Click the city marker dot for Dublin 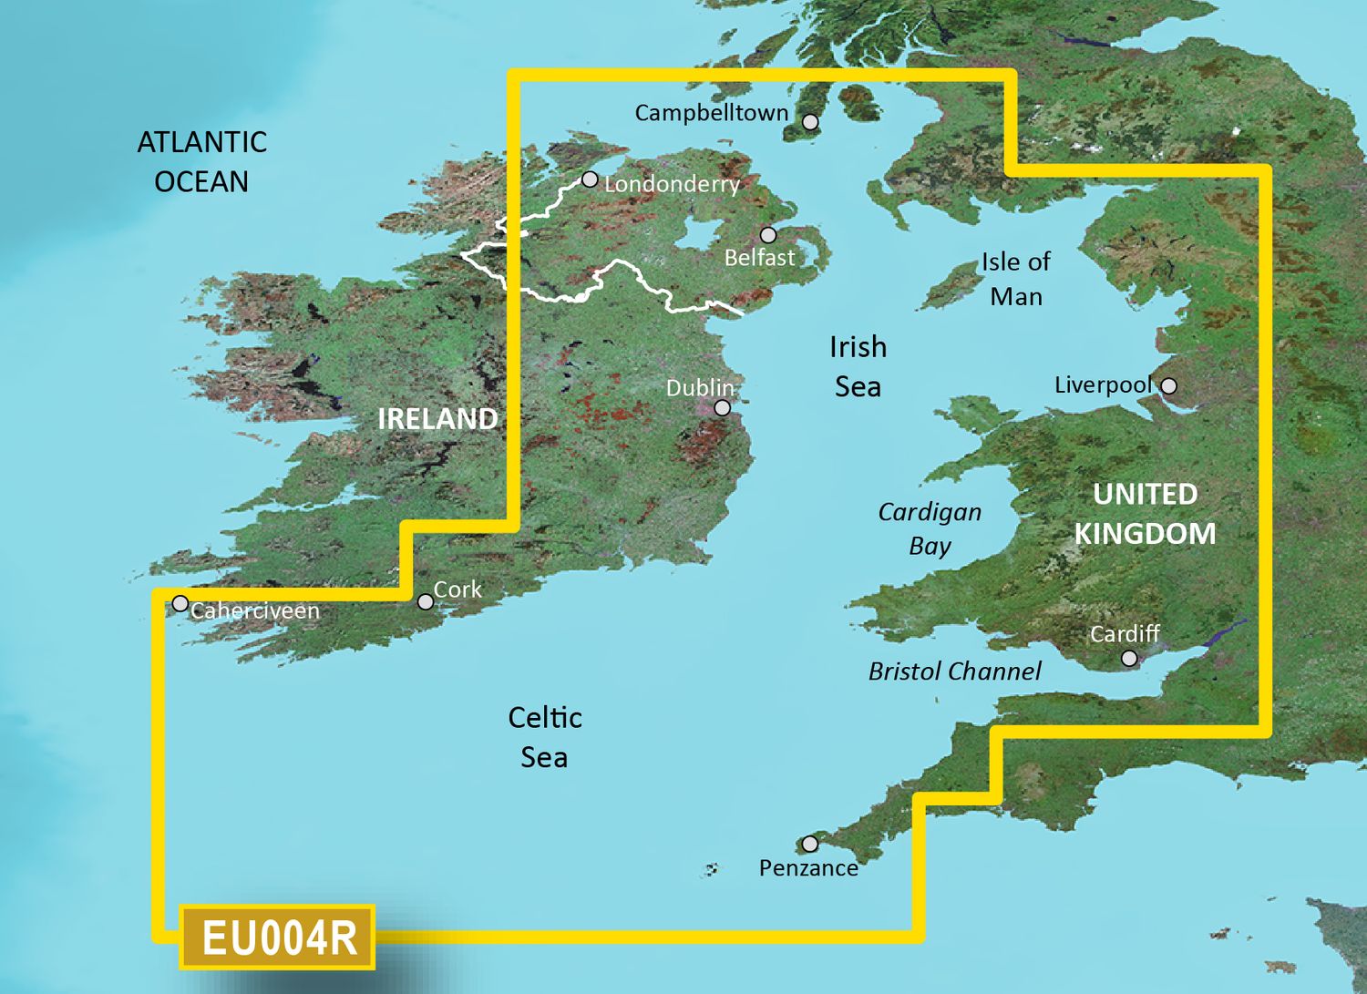[722, 407]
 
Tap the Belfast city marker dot [768, 235]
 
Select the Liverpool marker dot [1168, 386]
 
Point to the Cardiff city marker [1129, 658]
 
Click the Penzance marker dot [809, 844]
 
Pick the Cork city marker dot [426, 601]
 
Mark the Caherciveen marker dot [180, 603]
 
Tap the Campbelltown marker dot [810, 121]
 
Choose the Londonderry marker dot [590, 179]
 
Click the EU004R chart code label [278, 938]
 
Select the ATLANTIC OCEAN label [201, 162]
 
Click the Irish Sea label [858, 366]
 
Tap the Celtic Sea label [544, 737]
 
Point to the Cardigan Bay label [930, 528]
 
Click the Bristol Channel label [954, 671]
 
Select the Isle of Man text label [1015, 279]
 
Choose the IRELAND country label [437, 419]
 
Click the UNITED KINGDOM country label [1145, 514]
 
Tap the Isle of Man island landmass [950, 286]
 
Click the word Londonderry [672, 184]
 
